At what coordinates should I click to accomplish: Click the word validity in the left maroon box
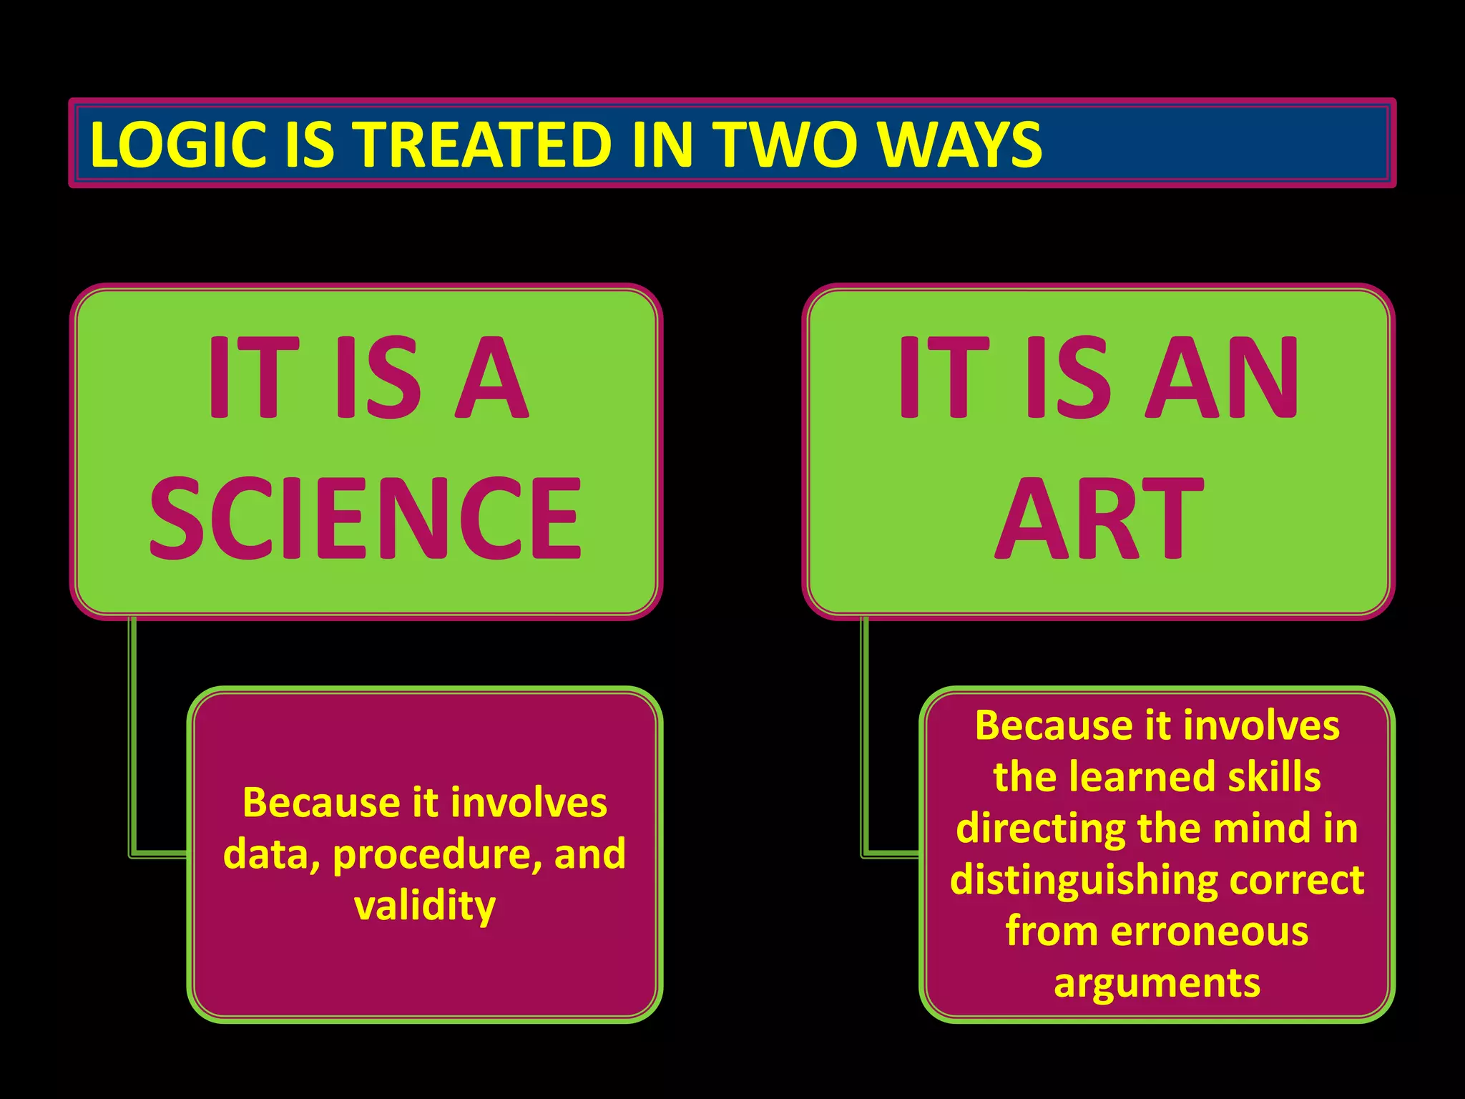click(425, 906)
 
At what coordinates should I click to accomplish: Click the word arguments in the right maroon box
click(1157, 983)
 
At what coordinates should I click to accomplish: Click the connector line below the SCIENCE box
click(132, 737)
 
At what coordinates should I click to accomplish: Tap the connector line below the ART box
click(865, 737)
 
